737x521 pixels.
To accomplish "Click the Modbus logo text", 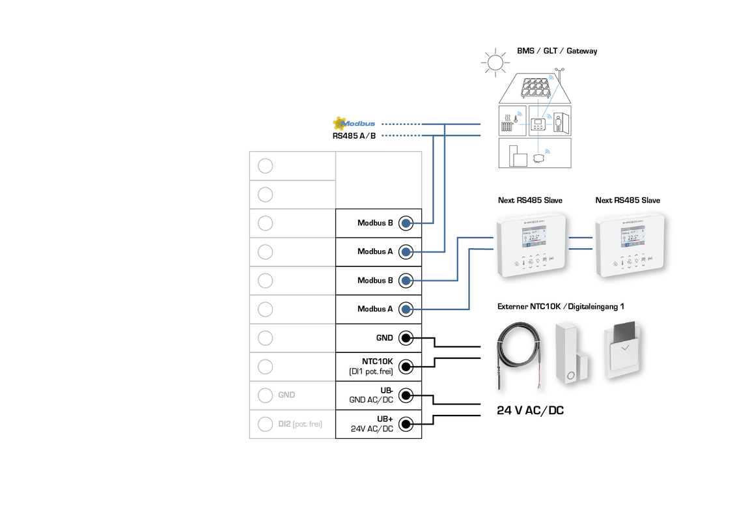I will coord(359,124).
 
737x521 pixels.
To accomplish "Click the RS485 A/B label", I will coord(354,136).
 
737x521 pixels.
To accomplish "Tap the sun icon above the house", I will coord(495,63).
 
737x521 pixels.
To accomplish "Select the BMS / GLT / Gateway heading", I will coord(557,51).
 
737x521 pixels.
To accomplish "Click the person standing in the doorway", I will coord(558,122).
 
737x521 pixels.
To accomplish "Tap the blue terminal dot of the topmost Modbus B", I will coord(406,223).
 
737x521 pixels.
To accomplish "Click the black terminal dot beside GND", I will coord(406,338).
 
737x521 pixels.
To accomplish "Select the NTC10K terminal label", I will coord(377,361).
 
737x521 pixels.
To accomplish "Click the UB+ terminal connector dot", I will coord(406,424).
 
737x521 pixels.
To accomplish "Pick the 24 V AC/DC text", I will coord(530,411).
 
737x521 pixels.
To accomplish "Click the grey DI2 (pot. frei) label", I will coord(300,424).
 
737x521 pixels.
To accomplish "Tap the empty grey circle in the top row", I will coord(265,165).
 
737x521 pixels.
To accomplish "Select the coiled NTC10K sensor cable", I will coord(518,355).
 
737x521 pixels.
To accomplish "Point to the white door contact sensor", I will coord(571,355).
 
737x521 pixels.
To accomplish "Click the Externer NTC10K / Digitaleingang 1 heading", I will coord(561,306).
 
